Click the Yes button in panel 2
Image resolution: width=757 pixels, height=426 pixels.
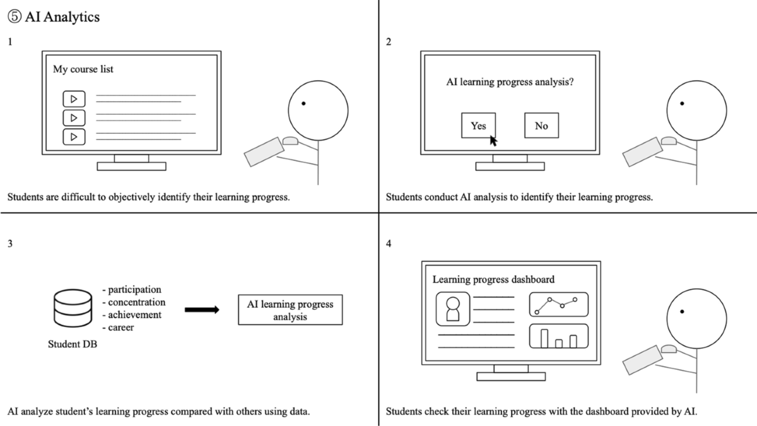point(478,126)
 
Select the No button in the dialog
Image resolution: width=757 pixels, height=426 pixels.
point(541,126)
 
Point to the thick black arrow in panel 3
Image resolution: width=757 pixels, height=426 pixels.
point(202,310)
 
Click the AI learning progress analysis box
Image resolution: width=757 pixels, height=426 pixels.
point(290,310)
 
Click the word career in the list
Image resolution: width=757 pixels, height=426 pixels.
point(121,328)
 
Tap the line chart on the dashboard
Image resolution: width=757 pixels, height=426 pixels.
point(558,304)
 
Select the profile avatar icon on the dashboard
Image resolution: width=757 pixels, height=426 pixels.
point(452,309)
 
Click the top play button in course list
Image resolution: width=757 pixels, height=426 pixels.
point(74,99)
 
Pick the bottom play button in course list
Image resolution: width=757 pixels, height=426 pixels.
point(74,136)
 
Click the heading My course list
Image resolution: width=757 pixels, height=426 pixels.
point(83,69)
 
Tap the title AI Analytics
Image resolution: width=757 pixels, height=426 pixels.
point(62,18)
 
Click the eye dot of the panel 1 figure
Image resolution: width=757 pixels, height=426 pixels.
point(304,103)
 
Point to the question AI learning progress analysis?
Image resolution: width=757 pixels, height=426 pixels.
point(510,81)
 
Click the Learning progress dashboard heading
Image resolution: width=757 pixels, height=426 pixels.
point(493,279)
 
